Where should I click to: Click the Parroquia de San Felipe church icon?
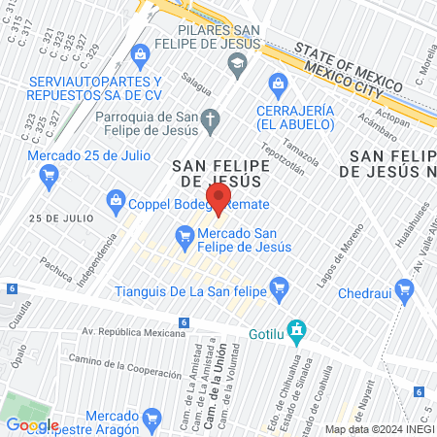click(x=215, y=116)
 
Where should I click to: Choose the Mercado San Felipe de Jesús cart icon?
click(x=184, y=235)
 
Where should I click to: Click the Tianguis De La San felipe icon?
click(x=280, y=286)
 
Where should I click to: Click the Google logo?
click(x=32, y=424)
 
